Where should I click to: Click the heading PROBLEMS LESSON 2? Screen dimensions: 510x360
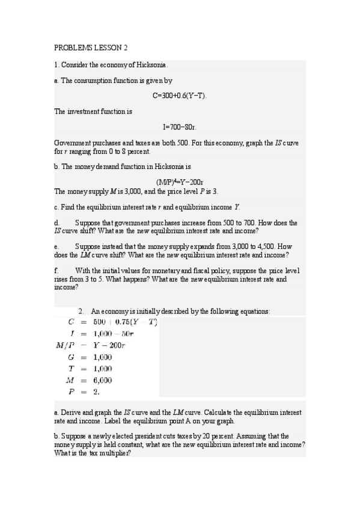[x=91, y=48]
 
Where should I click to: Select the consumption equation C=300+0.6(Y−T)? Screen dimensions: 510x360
[x=180, y=96]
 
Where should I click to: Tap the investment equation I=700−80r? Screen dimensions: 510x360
[x=180, y=127]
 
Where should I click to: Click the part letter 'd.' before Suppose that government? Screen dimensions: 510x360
[x=56, y=223]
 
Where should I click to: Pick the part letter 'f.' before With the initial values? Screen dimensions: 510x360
[x=56, y=271]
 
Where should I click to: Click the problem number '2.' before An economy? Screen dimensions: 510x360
[x=81, y=311]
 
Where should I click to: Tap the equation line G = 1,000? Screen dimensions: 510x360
[x=93, y=357]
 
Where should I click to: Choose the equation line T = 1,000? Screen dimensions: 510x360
[x=93, y=368]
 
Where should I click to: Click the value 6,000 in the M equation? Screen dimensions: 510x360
[x=102, y=380]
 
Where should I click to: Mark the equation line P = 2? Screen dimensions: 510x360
[x=85, y=392]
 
